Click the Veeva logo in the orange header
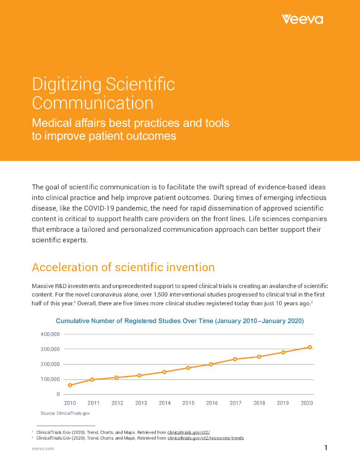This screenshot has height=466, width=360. pos(302,19)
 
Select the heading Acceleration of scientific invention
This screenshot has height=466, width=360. pos(123,267)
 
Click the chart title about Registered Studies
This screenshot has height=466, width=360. pos(179,321)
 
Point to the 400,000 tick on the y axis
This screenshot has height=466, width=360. pos(50,334)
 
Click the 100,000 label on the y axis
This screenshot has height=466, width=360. pos(50,379)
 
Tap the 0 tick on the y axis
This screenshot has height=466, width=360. pos(58,394)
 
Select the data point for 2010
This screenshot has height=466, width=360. pos(70,385)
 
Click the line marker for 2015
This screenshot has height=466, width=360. pos(188,368)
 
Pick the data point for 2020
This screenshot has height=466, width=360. pos(310,347)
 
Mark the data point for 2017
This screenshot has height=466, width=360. pos(235,359)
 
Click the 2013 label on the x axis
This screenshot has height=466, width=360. pos(141,403)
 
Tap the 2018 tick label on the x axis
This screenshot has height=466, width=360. pos(259,403)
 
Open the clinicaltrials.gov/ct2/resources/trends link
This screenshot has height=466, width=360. pos(206,438)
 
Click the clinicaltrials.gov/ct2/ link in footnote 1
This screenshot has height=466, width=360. pos(188,432)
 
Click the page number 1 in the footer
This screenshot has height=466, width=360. pos(326,448)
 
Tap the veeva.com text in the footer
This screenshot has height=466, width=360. pos(43,449)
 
